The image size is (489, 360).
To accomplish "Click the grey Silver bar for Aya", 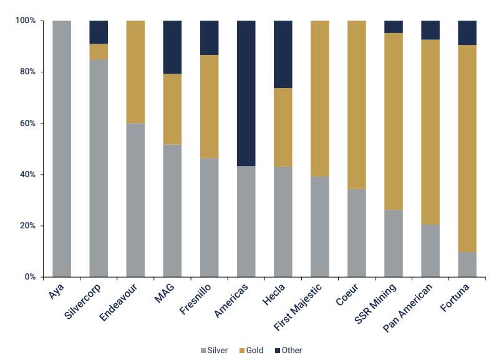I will click(x=61, y=148).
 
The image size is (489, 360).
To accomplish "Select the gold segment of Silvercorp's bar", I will click(x=99, y=52).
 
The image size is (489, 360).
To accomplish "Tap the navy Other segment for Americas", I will click(x=246, y=93).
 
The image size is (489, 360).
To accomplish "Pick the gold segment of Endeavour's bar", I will click(x=135, y=72).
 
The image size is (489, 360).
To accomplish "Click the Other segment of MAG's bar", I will click(x=172, y=47).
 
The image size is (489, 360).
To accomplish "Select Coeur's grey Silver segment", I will click(x=357, y=232).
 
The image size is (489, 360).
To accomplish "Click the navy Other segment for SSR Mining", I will click(x=394, y=27).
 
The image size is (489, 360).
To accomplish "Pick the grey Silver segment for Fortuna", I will click(x=467, y=264).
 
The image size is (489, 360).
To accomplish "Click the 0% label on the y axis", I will click(x=28, y=277).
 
